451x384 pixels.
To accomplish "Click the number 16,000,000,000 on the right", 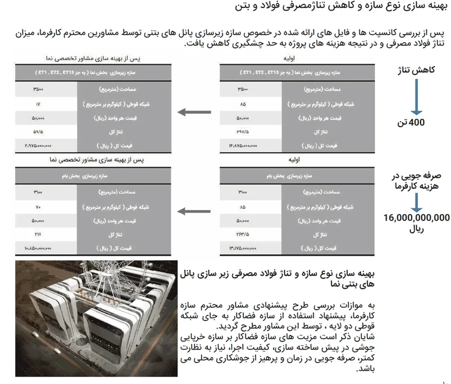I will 417,217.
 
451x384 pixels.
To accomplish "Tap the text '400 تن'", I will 417,122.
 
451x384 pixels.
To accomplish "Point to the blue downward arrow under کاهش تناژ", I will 416,96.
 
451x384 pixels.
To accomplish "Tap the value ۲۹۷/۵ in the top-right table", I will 240,131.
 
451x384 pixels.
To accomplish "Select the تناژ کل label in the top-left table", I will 125,131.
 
